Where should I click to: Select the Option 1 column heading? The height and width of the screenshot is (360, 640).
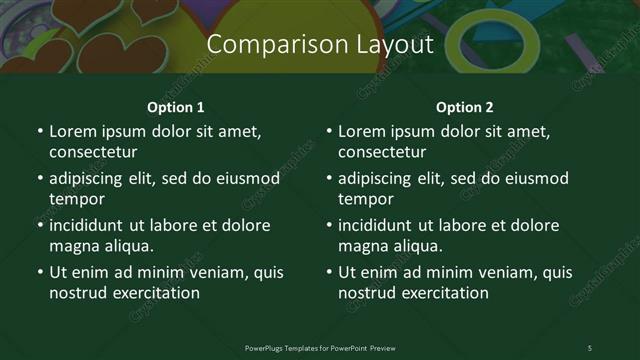point(176,107)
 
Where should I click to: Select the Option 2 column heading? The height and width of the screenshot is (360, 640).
point(465,107)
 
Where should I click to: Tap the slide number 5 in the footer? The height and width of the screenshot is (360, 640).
point(589,347)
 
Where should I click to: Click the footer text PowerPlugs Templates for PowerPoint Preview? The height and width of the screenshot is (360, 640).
point(319,347)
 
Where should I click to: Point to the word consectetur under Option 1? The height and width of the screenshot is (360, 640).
point(93,152)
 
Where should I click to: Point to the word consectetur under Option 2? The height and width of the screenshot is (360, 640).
point(382,152)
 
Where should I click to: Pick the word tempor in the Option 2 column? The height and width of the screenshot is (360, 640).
point(365,199)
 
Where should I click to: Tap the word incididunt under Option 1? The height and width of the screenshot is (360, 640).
point(89,225)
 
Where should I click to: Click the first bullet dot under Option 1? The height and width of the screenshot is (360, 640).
point(39,132)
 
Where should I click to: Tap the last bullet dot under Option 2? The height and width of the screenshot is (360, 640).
point(328,273)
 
